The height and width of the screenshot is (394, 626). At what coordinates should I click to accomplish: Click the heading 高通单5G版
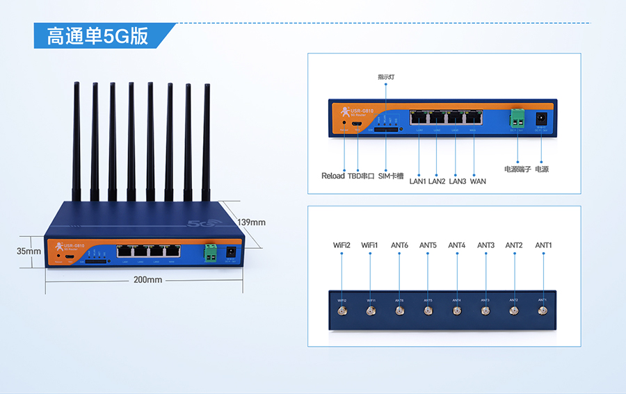[x=97, y=36]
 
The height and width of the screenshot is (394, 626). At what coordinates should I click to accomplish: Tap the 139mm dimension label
[x=251, y=222]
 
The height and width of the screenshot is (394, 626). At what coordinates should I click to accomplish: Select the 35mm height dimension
[x=29, y=251]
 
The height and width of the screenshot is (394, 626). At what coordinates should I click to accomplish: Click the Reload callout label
[x=332, y=176]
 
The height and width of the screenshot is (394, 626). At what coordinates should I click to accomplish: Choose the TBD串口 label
[x=361, y=176]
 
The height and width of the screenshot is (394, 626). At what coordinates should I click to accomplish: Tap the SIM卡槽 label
[x=390, y=176]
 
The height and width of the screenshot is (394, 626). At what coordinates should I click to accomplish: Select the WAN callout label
[x=478, y=181]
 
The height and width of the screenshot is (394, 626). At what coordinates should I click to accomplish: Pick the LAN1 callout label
[x=417, y=181]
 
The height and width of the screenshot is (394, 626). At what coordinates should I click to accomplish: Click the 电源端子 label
[x=517, y=169]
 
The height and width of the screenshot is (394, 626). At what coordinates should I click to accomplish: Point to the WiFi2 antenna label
[x=342, y=245]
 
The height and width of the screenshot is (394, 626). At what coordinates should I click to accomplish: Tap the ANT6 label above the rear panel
[x=399, y=245]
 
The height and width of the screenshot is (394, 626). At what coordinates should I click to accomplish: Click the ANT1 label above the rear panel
[x=543, y=245]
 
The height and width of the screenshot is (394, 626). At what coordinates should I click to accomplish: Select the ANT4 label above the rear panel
[x=456, y=245]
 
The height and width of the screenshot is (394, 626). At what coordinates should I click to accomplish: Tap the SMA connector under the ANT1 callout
[x=543, y=310]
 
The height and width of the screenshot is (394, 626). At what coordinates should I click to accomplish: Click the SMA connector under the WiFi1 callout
[x=370, y=311]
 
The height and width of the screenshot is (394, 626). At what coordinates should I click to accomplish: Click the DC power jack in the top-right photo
[x=541, y=119]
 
